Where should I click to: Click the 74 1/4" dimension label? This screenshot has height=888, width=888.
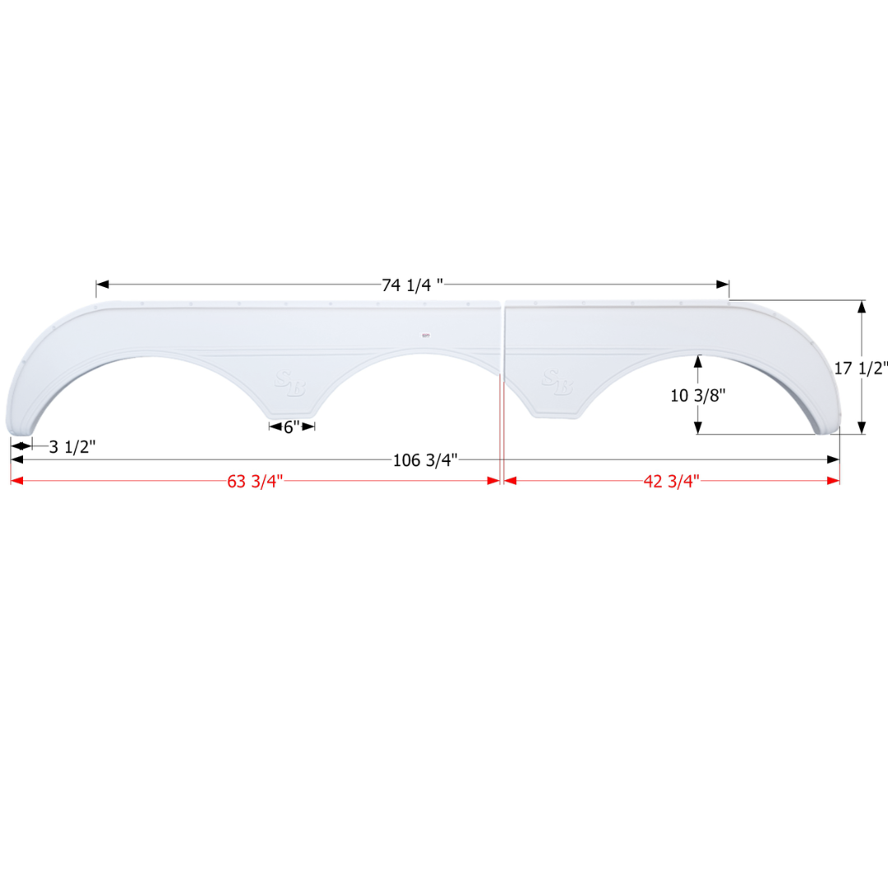pyautogui.click(x=412, y=285)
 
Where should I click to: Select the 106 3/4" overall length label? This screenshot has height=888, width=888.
pyautogui.click(x=424, y=460)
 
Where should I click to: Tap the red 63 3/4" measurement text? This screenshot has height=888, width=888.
pyautogui.click(x=255, y=482)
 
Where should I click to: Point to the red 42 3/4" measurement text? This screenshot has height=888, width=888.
pyautogui.click(x=671, y=482)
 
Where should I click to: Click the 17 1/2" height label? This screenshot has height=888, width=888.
pyautogui.click(x=860, y=368)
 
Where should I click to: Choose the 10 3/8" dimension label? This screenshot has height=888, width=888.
pyautogui.click(x=697, y=395)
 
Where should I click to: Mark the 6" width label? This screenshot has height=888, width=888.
pyautogui.click(x=292, y=427)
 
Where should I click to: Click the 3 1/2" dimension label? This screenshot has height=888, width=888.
pyautogui.click(x=72, y=446)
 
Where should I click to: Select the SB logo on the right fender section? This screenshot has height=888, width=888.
pyautogui.click(x=557, y=382)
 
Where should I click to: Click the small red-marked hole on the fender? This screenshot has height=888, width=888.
pyautogui.click(x=425, y=335)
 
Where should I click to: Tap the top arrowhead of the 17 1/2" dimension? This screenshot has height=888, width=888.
pyautogui.click(x=862, y=307)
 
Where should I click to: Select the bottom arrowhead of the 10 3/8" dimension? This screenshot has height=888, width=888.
pyautogui.click(x=698, y=428)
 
